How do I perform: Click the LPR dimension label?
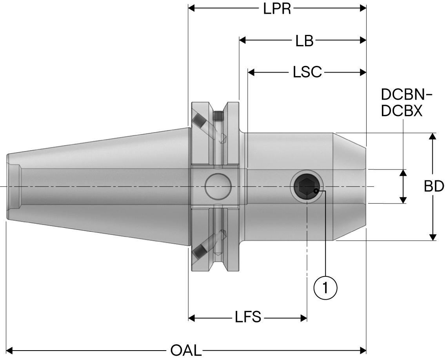coord(277,8)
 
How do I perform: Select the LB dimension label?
coord(305,40)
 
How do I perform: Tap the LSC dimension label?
coord(307,72)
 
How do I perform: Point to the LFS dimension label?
coord(248,317)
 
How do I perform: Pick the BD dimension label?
coord(434,186)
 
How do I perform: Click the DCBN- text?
coord(407,95)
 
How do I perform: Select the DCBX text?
coord(402,111)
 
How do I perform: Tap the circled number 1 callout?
coord(325,288)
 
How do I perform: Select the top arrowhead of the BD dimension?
coord(432,136)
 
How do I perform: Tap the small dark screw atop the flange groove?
coord(219,116)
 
